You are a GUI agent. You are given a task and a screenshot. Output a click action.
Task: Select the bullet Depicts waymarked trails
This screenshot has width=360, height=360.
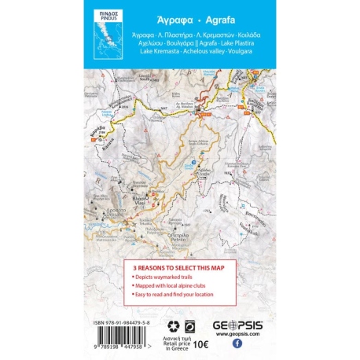click(166, 281)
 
